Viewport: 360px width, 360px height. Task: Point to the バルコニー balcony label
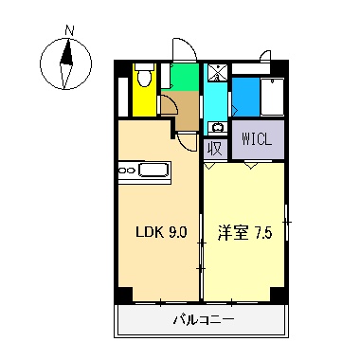coord(203,319)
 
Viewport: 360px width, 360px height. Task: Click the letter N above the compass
coord(67,30)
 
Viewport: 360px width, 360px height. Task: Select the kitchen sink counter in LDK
coord(144,171)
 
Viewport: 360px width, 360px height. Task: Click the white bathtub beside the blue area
coord(272,95)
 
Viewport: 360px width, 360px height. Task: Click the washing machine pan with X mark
coord(217,72)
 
